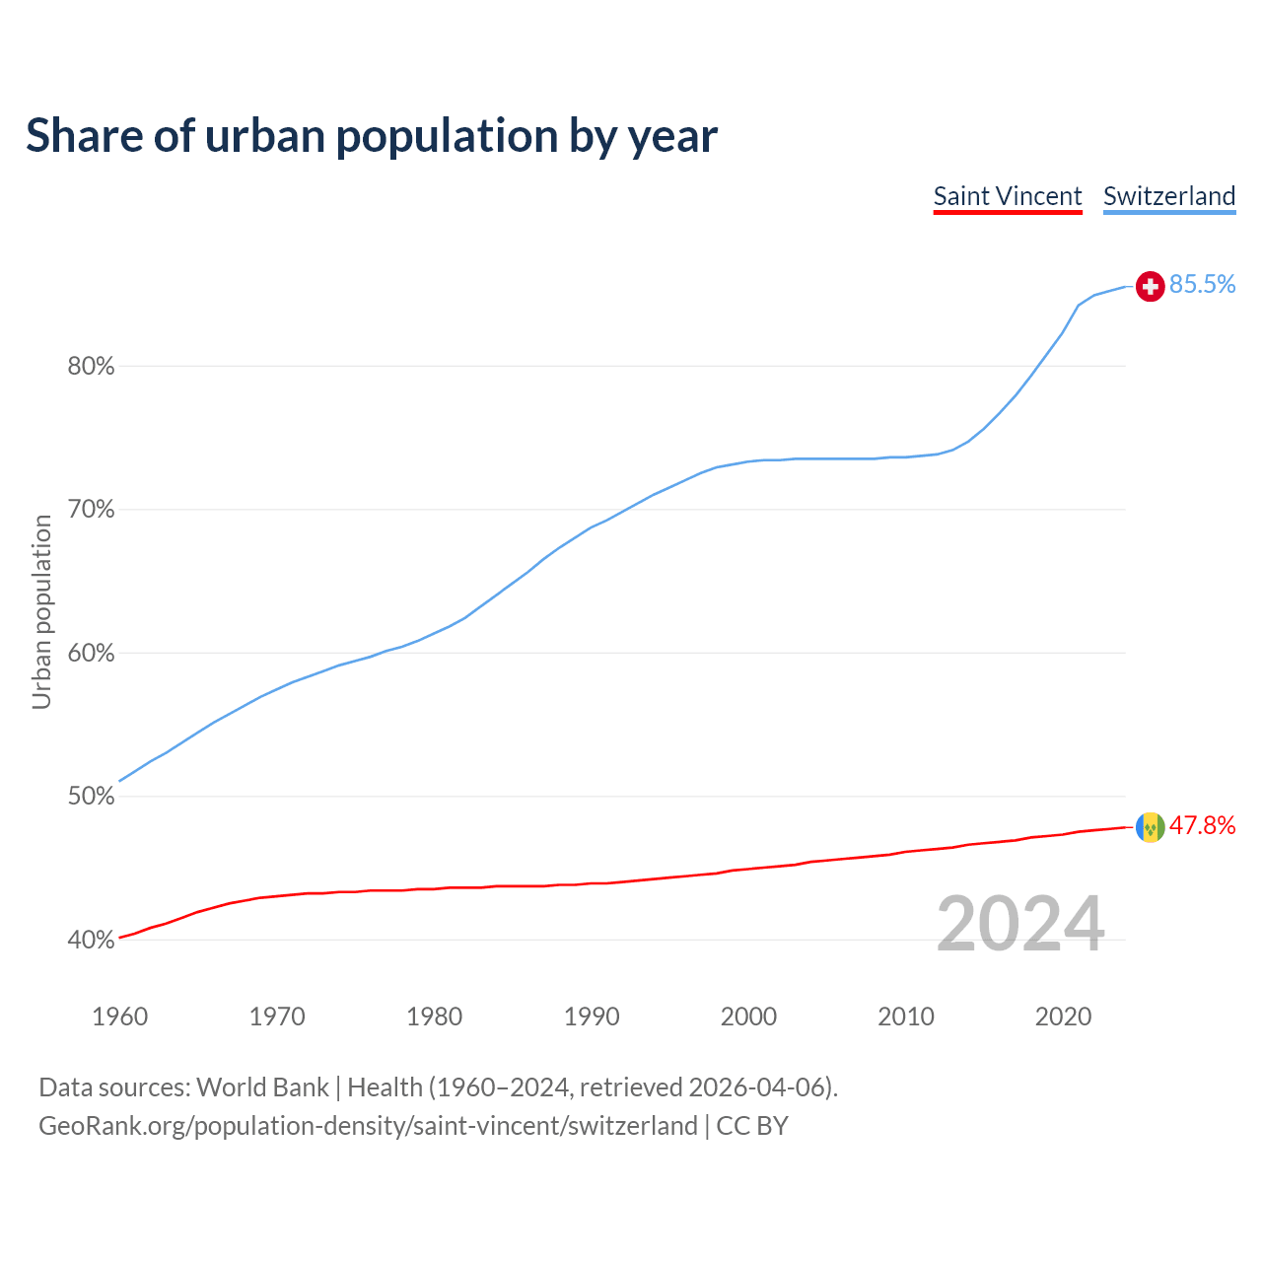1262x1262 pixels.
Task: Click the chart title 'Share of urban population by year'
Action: [372, 136]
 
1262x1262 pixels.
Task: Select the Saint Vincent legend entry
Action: [1008, 196]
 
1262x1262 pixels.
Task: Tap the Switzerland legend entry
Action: [1169, 196]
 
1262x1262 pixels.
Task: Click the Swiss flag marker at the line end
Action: [1150, 286]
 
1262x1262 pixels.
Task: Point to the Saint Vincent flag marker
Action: [1150, 827]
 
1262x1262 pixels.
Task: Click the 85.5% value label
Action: [1203, 285]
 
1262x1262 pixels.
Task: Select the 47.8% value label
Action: [1203, 826]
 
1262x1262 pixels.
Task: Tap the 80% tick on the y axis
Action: [91, 367]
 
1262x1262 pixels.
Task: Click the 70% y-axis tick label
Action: [91, 510]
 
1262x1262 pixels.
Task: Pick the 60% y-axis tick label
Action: [91, 654]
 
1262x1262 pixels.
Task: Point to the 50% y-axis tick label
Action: [91, 797]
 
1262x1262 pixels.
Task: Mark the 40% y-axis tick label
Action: [91, 941]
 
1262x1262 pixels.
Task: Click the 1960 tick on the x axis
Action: [119, 1017]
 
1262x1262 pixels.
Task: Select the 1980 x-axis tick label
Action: [435, 1017]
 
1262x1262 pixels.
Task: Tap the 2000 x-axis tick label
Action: [749, 1017]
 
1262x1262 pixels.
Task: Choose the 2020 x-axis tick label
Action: [1063, 1017]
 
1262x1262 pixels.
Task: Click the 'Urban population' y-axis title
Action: [41, 611]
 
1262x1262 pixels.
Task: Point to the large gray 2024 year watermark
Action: [1020, 925]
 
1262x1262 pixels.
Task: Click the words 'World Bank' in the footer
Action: [262, 1087]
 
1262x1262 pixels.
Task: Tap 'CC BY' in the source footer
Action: [752, 1126]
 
